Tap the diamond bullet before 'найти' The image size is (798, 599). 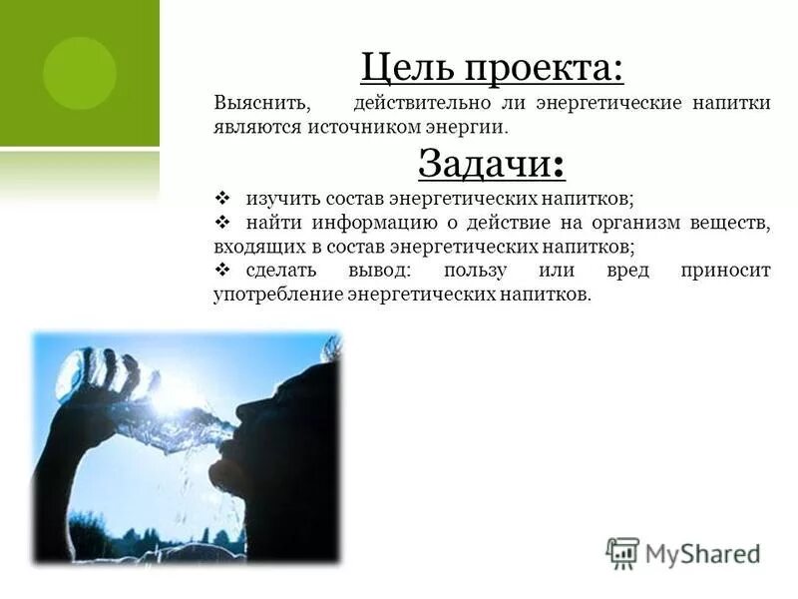pos(222,222)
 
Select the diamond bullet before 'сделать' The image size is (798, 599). pos(222,271)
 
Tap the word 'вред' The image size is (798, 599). pos(629,271)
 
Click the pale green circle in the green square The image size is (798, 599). pos(80,73)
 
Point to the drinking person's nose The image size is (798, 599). pos(241,410)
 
